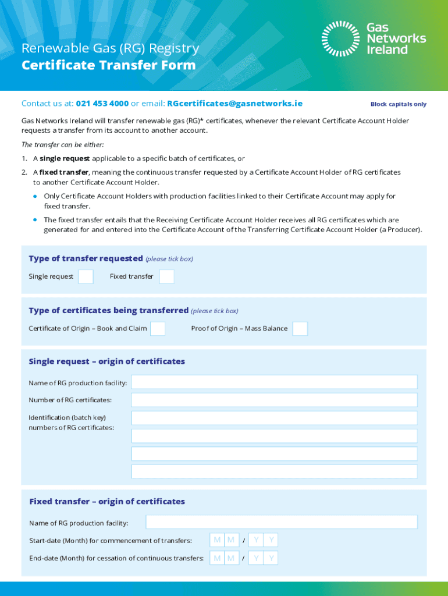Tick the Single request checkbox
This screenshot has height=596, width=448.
coord(86,276)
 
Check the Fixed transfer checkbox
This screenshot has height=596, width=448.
coord(166,276)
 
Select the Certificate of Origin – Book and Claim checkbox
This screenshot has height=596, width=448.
coord(157,329)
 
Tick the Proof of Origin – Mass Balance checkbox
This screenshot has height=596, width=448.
coord(300,329)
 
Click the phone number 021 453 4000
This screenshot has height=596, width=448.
coord(102,104)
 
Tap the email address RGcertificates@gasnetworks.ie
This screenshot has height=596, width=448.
coord(234,104)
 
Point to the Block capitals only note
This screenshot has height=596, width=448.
coord(398,104)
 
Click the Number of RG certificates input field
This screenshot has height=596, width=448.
coord(274,400)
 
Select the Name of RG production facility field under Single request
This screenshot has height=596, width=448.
coord(274,382)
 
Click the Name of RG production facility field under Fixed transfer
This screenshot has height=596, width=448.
coord(282,522)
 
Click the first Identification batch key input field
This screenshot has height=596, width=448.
coord(274,418)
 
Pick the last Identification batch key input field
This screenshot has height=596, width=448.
coord(274,471)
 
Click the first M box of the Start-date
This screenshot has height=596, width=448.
coord(217,540)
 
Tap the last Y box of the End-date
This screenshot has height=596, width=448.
coord(271,559)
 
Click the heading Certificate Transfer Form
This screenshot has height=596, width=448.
coord(108,65)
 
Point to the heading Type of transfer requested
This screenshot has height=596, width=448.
coord(86,258)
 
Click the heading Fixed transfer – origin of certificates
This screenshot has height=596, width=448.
coord(107,502)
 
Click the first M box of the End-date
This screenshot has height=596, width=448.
coord(217,559)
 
